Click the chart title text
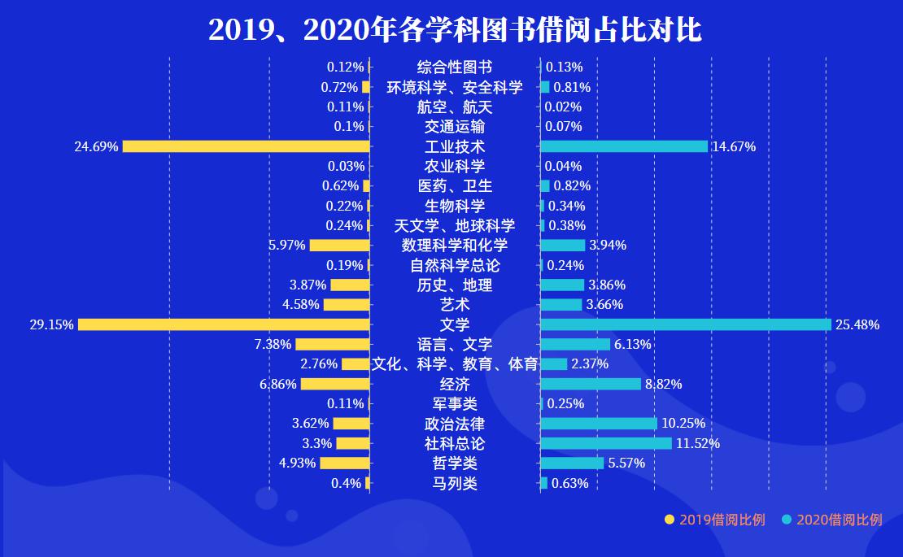tap(455, 29)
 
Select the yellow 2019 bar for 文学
tap(224, 324)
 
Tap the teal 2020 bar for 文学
tap(685, 324)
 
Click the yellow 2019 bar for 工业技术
tap(246, 146)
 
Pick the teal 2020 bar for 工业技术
tap(623, 146)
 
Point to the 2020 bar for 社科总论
tap(605, 443)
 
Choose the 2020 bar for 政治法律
tap(598, 424)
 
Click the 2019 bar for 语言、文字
tap(332, 344)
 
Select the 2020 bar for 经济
tap(590, 384)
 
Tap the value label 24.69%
tap(96, 147)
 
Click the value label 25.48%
tap(857, 325)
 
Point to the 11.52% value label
tap(698, 444)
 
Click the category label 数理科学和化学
tap(455, 246)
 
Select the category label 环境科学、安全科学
tap(455, 87)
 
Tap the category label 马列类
tap(455, 483)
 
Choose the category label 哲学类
tap(455, 463)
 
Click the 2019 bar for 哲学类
tap(344, 463)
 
